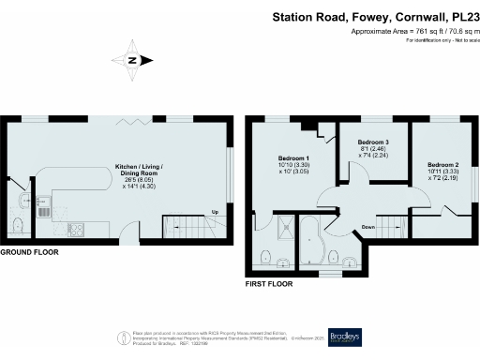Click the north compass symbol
(x=133, y=61)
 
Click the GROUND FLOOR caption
(x=30, y=253)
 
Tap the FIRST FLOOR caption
(x=268, y=283)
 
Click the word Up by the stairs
(x=215, y=212)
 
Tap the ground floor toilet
(x=19, y=222)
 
